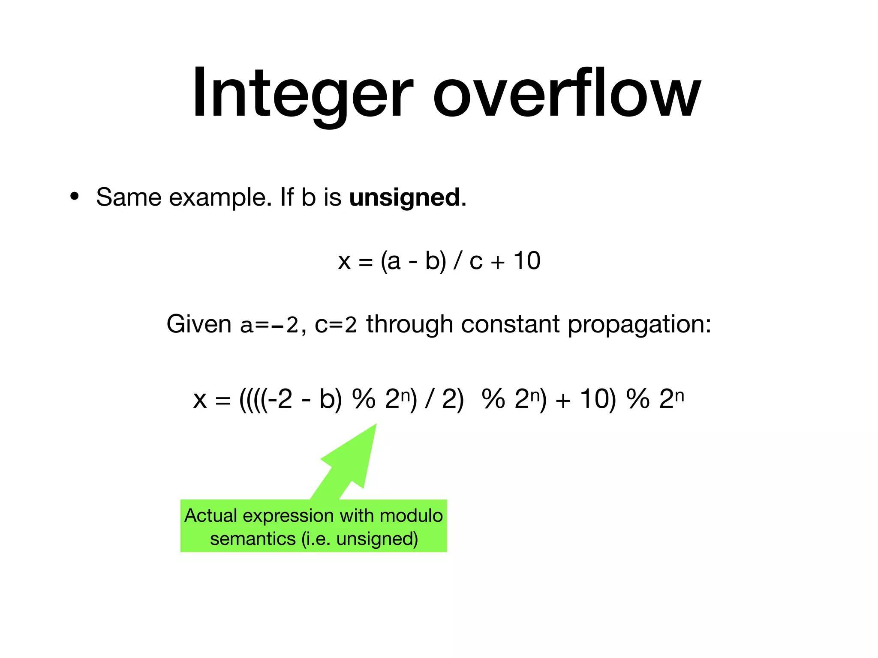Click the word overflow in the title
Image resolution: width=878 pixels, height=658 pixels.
pos(566,92)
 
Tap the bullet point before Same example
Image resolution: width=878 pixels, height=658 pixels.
pos(75,197)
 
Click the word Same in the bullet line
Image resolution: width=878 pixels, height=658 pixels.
pos(128,197)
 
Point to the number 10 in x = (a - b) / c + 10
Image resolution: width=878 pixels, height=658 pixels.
pos(527,260)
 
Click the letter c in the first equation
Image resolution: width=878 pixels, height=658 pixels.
pos(476,261)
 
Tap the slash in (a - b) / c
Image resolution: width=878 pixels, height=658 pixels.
pos(458,260)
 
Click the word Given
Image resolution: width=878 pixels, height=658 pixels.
pos(199,324)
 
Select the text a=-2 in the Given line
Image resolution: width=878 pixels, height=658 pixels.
pos(269,325)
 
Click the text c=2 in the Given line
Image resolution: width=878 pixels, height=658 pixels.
pos(336,325)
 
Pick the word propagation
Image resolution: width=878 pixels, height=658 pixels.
pos(639,325)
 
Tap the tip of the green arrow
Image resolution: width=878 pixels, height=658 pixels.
pos(375,425)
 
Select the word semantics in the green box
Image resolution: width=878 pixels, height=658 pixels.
pos(253,538)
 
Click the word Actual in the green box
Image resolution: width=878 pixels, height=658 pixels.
pos(210,515)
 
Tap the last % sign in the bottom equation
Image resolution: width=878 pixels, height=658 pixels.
pos(638,399)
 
